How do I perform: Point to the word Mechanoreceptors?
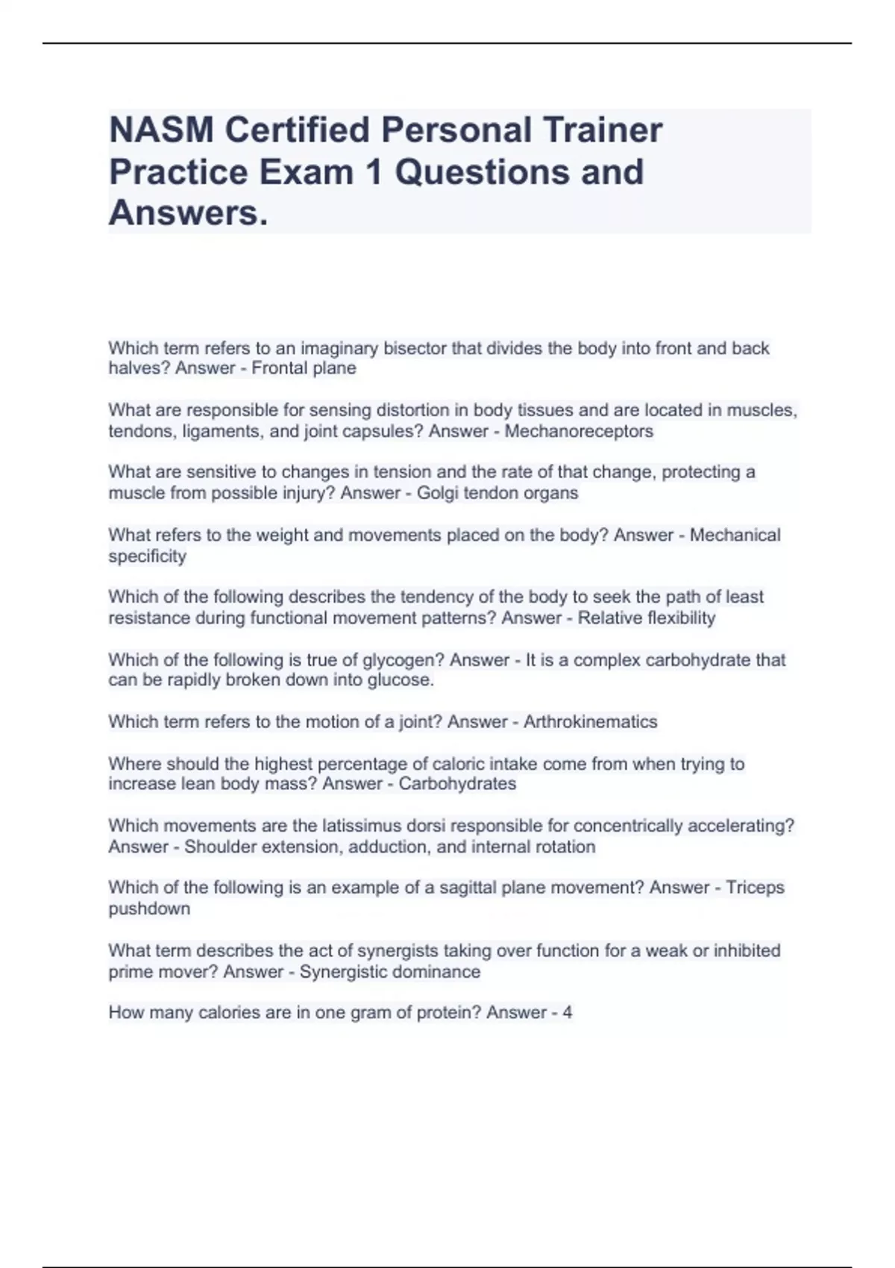point(579,431)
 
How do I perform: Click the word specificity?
point(148,556)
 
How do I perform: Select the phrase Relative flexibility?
point(647,618)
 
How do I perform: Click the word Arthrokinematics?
point(590,722)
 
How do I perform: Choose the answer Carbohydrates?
point(457,784)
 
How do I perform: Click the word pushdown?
point(149,909)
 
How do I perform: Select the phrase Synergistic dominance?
point(389,972)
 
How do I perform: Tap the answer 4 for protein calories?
point(568,1013)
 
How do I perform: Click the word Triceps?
point(755,888)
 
